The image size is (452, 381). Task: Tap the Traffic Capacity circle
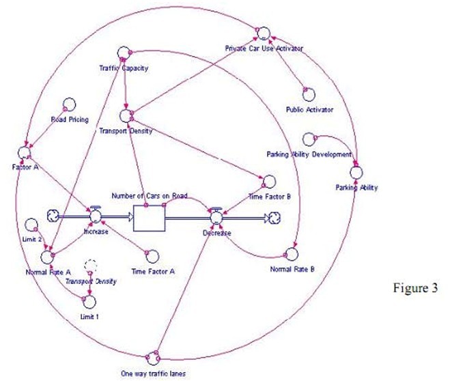click(x=124, y=54)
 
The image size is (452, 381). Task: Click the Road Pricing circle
click(x=68, y=104)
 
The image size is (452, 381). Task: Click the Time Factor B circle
click(x=269, y=182)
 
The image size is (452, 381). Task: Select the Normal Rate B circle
click(x=292, y=254)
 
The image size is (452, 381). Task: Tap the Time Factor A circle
click(x=153, y=256)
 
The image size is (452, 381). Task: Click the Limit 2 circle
click(x=31, y=225)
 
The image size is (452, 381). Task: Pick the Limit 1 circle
click(x=89, y=300)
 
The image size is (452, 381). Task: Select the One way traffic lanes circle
click(x=153, y=357)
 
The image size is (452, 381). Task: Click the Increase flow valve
click(x=95, y=216)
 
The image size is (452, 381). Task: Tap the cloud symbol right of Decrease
click(x=274, y=218)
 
